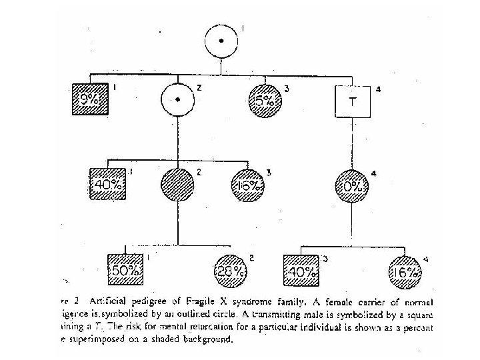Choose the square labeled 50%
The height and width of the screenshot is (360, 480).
pos(125,270)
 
